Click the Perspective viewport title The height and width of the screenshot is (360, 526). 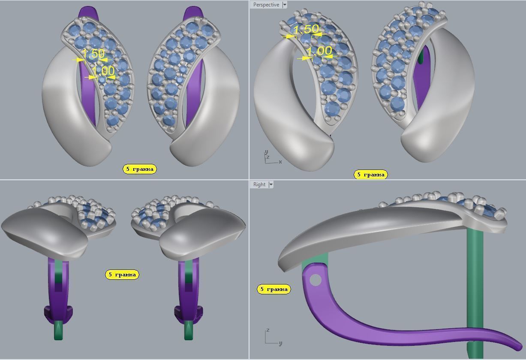(266, 5)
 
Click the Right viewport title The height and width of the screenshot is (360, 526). (259, 185)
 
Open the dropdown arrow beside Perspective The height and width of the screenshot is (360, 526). (284, 5)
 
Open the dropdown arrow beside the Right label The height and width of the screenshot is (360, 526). (271, 185)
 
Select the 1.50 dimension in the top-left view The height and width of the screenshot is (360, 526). (93, 54)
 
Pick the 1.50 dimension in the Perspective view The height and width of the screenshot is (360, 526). (307, 29)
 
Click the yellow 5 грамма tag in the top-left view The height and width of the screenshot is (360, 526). (140, 169)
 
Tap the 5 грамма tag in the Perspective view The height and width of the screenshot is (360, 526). (371, 175)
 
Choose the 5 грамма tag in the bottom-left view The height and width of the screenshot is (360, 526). (122, 275)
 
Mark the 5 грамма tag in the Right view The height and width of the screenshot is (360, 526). (274, 289)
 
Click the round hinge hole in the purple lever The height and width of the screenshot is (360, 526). (315, 280)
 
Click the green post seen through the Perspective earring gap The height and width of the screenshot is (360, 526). (423, 56)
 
